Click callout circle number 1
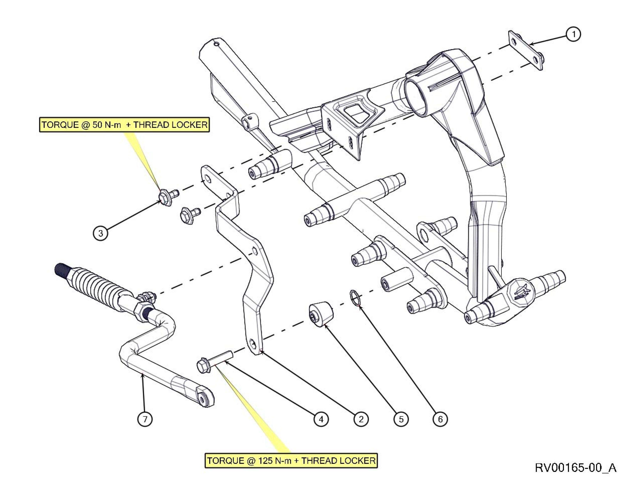[573, 34]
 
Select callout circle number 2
[361, 419]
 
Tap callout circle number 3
[101, 233]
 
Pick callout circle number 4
[321, 419]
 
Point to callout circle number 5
[401, 419]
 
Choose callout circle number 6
[440, 419]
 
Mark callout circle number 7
[145, 419]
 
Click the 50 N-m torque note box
[124, 125]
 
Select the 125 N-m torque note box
[291, 460]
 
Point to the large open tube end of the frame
[418, 96]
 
